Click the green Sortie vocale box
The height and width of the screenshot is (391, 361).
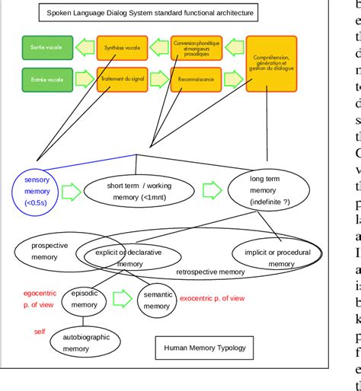[x=46, y=48]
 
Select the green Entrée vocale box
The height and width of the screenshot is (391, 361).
[x=46, y=79]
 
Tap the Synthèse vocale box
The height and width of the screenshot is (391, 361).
[x=121, y=48]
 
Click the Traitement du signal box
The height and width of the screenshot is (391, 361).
[x=121, y=79]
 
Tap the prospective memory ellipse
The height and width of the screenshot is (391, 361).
[x=50, y=252]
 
